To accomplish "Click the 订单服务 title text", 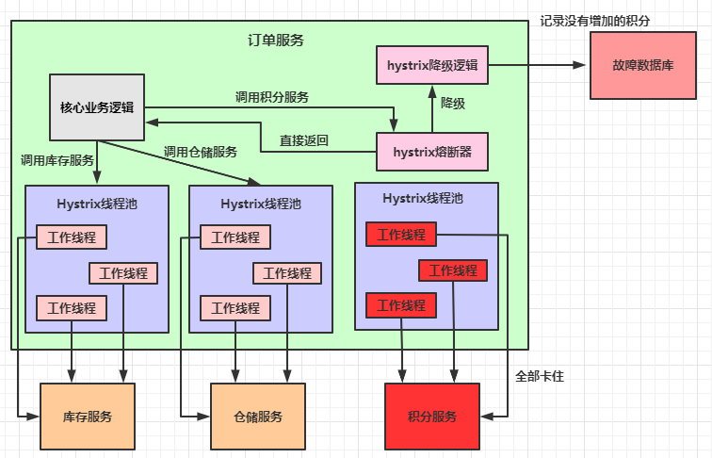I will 275,41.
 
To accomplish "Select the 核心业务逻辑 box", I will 96,107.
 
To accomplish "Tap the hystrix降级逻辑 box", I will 431,65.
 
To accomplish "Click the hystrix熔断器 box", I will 431,151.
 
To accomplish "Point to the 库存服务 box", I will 88,416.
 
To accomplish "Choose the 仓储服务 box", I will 257,416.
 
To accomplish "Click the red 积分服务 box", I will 432,416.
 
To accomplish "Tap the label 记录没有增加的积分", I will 595,20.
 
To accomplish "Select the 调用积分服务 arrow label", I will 272,97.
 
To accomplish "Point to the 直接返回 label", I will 303,141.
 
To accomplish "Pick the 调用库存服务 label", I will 57,160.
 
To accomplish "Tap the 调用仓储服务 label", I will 200,152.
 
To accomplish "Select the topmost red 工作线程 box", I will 400,234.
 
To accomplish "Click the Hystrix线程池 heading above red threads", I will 424,198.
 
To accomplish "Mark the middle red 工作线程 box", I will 453,270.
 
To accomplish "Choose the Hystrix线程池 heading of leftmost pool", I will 97,203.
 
